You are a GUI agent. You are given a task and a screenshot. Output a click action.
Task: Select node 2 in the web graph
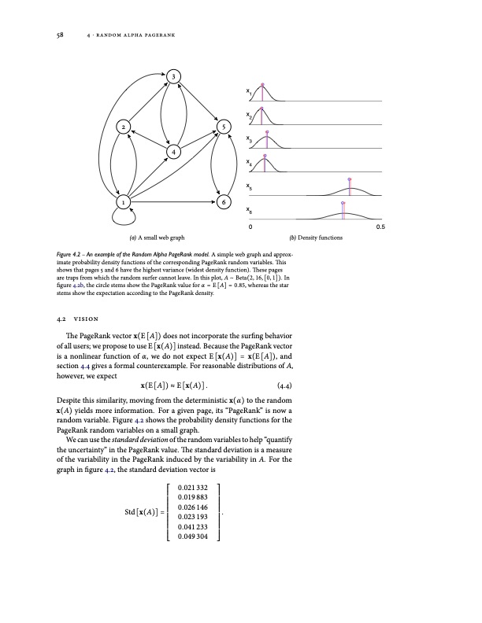pyautogui.click(x=124, y=127)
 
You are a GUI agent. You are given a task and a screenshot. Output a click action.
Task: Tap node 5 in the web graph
pyautogui.click(x=224, y=127)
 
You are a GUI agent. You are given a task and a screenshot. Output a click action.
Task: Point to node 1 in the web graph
pyautogui.click(x=124, y=202)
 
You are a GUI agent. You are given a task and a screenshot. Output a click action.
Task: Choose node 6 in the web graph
pyautogui.click(x=224, y=202)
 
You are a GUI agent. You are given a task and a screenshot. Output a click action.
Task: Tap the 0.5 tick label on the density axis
pyautogui.click(x=380, y=227)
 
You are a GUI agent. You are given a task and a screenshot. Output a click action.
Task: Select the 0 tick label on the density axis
pyautogui.click(x=250, y=227)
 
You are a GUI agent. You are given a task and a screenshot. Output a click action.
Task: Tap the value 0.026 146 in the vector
pyautogui.click(x=195, y=508)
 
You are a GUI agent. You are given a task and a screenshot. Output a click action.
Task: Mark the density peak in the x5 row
pyautogui.click(x=350, y=189)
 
